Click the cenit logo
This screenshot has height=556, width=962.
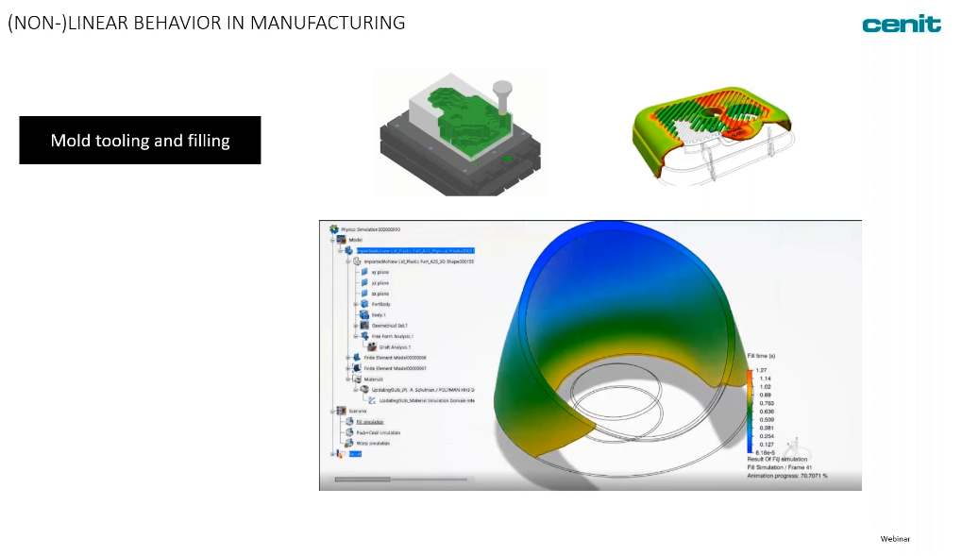pyautogui.click(x=901, y=25)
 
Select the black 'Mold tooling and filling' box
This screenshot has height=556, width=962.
pyautogui.click(x=140, y=141)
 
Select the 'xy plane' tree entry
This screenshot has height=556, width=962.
pyautogui.click(x=380, y=272)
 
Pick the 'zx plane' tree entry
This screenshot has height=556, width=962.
pyautogui.click(x=380, y=294)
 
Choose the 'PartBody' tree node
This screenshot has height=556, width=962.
pyautogui.click(x=380, y=304)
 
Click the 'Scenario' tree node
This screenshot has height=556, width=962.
pyautogui.click(x=358, y=411)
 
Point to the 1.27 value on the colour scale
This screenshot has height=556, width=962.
pyautogui.click(x=761, y=370)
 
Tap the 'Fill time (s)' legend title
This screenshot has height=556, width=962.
pyautogui.click(x=762, y=356)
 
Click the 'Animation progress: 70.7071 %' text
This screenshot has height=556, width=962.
pyautogui.click(x=787, y=476)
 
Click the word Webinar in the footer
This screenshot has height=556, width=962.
pyautogui.click(x=895, y=539)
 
